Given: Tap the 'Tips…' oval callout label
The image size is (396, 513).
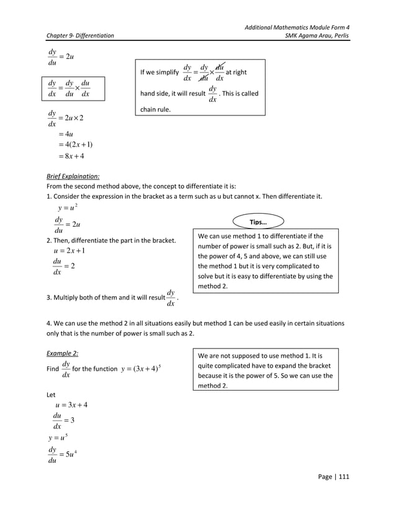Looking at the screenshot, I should coord(258,222).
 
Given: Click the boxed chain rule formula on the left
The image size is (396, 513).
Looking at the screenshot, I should coord(69,89).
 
